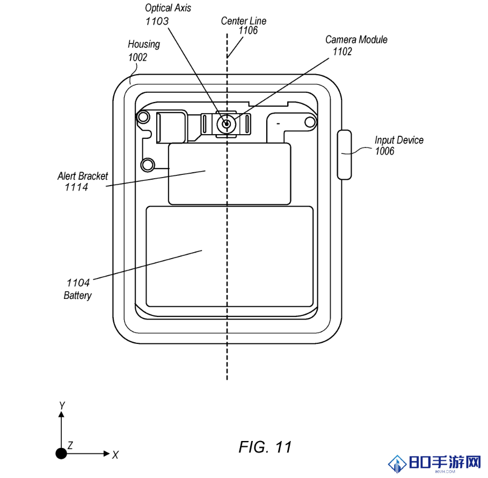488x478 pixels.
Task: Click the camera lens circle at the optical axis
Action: (x=227, y=124)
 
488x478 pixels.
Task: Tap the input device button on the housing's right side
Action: (x=344, y=155)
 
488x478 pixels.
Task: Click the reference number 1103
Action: (x=157, y=21)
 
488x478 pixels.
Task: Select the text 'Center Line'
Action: (x=244, y=21)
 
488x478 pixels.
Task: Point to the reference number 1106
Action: (x=248, y=30)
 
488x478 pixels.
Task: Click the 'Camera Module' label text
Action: (x=356, y=40)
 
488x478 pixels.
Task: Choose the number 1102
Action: (x=343, y=52)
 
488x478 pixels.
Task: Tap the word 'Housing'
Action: (x=144, y=45)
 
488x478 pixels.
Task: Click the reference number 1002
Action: (x=137, y=57)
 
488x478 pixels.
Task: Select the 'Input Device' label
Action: (x=399, y=140)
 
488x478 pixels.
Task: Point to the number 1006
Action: (x=385, y=151)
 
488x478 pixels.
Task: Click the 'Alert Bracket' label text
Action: (x=83, y=176)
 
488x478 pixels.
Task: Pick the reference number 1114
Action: (x=76, y=187)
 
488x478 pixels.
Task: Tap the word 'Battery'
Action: (x=77, y=295)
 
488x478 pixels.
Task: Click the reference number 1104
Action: (x=78, y=283)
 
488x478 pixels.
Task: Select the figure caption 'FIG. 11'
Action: (x=265, y=447)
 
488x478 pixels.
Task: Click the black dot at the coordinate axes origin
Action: (x=61, y=453)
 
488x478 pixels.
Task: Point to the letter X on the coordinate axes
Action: (x=115, y=455)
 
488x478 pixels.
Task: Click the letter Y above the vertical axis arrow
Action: (x=62, y=406)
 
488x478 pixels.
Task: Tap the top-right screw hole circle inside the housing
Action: (x=310, y=122)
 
